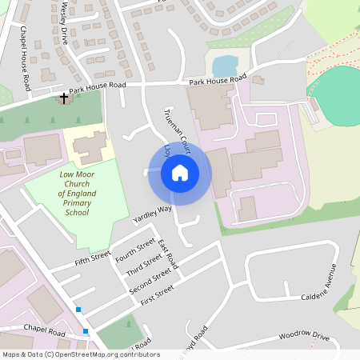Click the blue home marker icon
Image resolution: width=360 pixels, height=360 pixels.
(x=179, y=172)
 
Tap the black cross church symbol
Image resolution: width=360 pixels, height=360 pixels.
(x=63, y=98)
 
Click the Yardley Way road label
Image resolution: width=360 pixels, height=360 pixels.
(x=152, y=214)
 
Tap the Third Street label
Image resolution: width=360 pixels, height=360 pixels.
(x=144, y=265)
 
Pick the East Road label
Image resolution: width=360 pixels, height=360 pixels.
(x=168, y=254)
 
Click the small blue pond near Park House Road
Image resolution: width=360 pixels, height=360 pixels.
(x=225, y=66)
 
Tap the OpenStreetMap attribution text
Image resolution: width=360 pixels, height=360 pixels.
(x=81, y=354)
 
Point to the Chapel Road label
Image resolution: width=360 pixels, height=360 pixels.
(x=44, y=329)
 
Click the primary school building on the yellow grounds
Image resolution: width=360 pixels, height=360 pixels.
(x=90, y=147)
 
